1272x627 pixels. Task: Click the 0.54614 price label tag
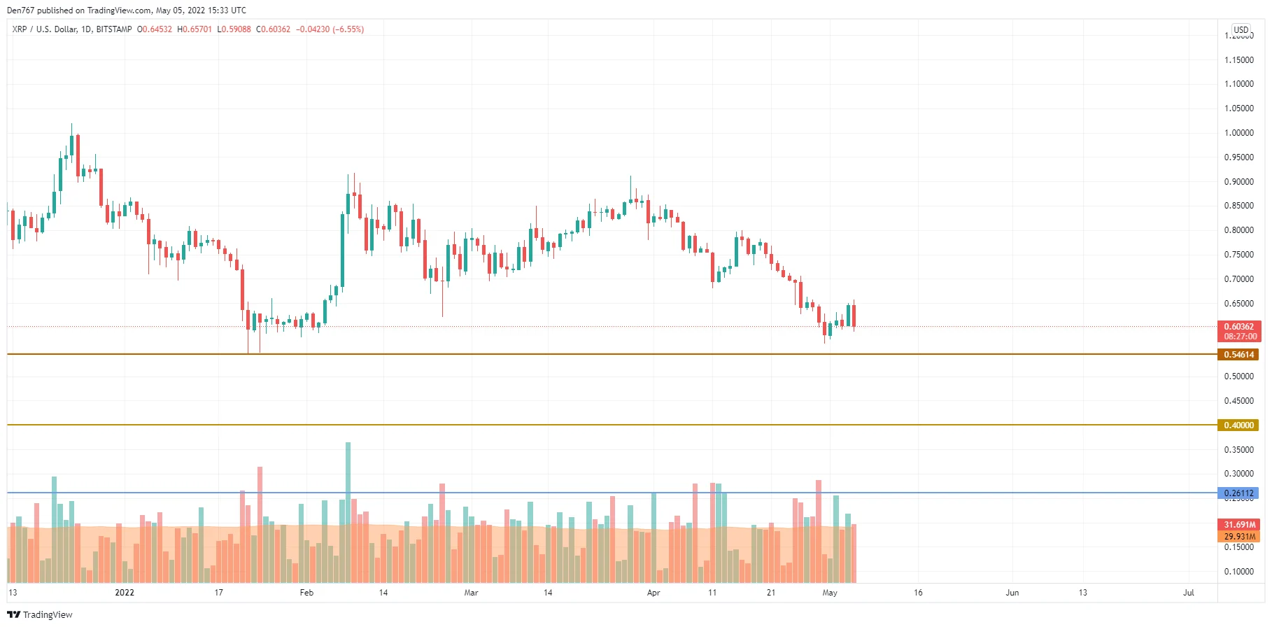click(x=1238, y=355)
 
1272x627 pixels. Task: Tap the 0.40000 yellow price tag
click(x=1238, y=425)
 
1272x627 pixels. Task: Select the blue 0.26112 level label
click(x=1238, y=493)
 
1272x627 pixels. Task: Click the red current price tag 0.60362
click(x=1238, y=327)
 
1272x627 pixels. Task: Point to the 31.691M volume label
click(x=1238, y=525)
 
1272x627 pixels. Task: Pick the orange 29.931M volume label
click(x=1238, y=537)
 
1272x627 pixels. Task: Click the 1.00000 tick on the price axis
click(x=1238, y=133)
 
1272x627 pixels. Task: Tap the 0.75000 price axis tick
click(x=1238, y=255)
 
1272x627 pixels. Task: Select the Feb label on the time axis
click(x=306, y=593)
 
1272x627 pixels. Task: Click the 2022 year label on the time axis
click(x=125, y=593)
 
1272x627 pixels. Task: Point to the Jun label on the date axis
click(x=1012, y=593)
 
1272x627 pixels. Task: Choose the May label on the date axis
click(x=830, y=593)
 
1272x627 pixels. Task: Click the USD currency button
click(x=1241, y=30)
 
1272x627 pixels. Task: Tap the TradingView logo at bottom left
click(x=40, y=614)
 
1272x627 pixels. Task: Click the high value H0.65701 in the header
click(x=195, y=29)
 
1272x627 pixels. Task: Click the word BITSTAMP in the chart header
click(x=114, y=29)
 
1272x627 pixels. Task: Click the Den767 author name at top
click(x=20, y=10)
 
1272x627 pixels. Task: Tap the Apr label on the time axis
click(x=653, y=593)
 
